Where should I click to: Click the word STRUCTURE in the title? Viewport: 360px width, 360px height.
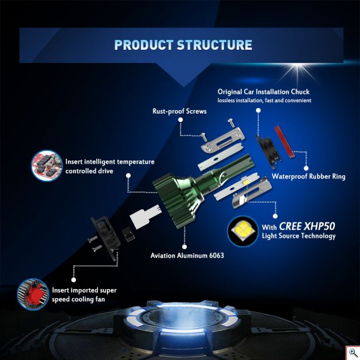pyautogui.click(x=215, y=45)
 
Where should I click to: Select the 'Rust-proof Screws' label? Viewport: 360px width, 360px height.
pyautogui.click(x=179, y=111)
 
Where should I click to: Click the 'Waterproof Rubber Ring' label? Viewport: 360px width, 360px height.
pyautogui.click(x=309, y=177)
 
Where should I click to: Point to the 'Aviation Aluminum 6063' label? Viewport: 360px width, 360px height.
pyautogui.click(x=187, y=255)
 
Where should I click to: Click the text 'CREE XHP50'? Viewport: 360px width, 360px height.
pyautogui.click(x=307, y=226)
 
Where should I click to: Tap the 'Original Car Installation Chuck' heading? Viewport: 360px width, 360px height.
pyautogui.click(x=263, y=92)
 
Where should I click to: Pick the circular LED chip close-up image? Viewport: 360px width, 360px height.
pyautogui.click(x=243, y=231)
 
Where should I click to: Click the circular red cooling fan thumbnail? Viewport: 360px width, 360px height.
pyautogui.click(x=33, y=294)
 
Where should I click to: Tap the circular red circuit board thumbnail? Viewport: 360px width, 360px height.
pyautogui.click(x=47, y=165)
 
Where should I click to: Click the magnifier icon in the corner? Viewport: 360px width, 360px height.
pyautogui.click(x=353, y=353)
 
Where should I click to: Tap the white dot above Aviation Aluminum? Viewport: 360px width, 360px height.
pyautogui.click(x=185, y=247)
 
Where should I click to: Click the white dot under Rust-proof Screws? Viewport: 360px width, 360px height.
pyautogui.click(x=181, y=119)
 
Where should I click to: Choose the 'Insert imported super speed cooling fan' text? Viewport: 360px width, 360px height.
pyautogui.click(x=84, y=294)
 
